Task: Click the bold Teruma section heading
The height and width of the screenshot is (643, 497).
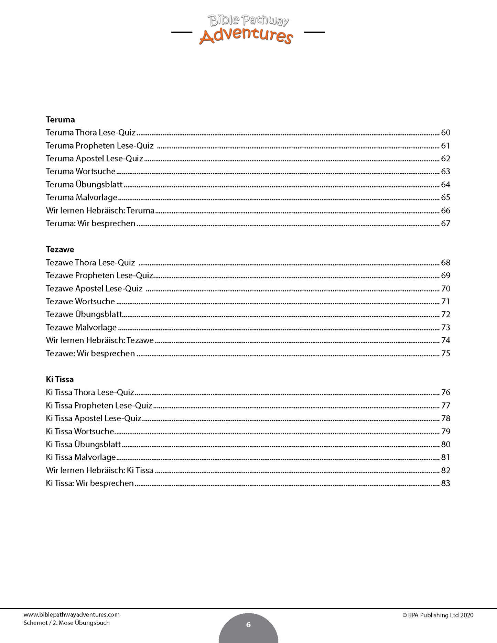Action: tap(60, 120)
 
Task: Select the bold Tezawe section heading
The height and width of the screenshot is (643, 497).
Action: tap(60, 250)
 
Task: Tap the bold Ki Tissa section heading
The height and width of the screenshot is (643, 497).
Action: tap(60, 380)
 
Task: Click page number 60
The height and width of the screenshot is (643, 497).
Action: tap(445, 133)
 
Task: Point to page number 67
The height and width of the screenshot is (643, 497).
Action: tap(445, 224)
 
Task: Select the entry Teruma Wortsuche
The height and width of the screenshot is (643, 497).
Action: tap(80, 172)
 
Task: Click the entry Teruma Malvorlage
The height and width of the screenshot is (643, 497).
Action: tap(82, 197)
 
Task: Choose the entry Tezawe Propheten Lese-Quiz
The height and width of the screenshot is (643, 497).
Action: tap(99, 275)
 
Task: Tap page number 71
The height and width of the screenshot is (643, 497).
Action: tap(445, 302)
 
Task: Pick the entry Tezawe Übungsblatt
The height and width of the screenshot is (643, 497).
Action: tap(84, 314)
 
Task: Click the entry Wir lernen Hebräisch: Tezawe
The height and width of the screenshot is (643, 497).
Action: tap(100, 340)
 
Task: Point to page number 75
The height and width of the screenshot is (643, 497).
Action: tap(445, 353)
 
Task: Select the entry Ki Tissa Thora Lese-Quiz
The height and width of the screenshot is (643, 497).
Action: tap(90, 392)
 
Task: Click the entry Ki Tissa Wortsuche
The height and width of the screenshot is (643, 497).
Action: tap(80, 432)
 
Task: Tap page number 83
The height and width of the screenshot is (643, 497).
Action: tap(445, 483)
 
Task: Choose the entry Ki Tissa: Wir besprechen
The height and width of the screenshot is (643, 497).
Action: tap(89, 483)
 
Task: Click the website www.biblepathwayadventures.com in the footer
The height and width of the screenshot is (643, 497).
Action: tap(72, 615)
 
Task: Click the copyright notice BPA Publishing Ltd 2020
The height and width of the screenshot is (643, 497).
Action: tap(438, 615)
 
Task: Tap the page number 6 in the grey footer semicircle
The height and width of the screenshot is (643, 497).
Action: tap(248, 625)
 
